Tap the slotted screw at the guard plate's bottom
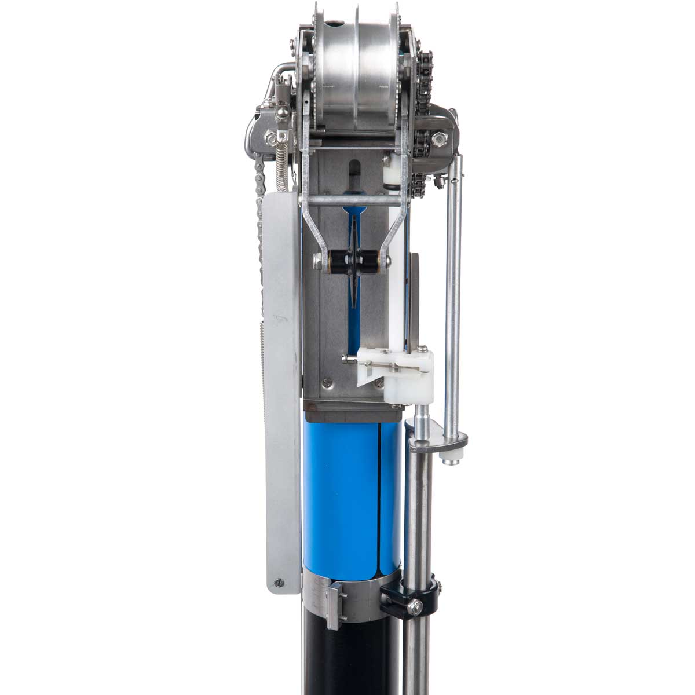tap(280, 583)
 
